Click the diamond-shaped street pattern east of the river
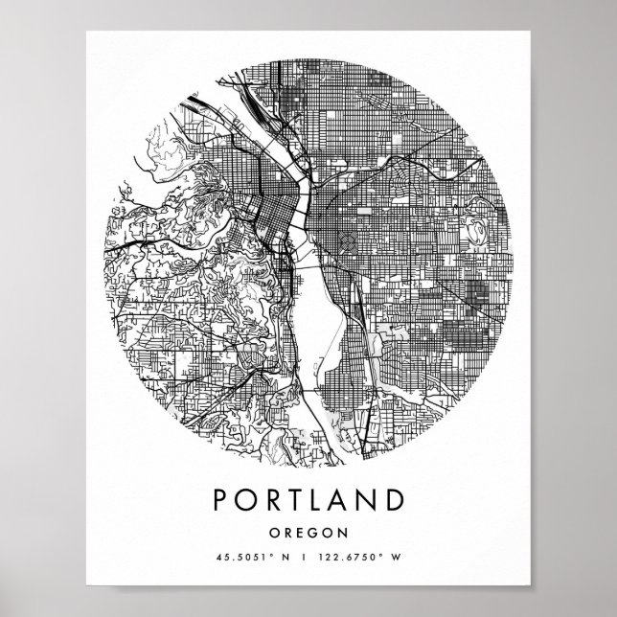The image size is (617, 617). click(x=353, y=240)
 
